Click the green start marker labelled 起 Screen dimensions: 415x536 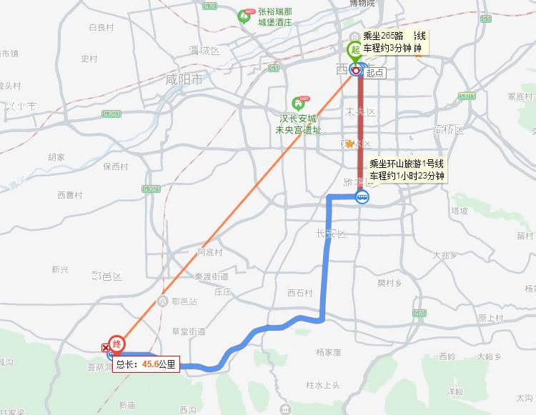tap(354, 50)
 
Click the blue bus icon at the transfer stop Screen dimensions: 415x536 tap(362, 198)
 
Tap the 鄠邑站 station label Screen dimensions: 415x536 tap(184, 301)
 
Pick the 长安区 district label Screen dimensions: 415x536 tap(330, 234)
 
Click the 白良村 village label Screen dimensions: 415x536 tap(101, 28)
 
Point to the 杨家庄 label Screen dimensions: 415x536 tap(328, 352)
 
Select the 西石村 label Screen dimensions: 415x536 tap(300, 293)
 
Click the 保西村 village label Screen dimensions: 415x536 tap(115, 166)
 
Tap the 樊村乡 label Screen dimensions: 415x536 tap(390, 283)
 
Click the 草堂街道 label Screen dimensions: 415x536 tap(189, 331)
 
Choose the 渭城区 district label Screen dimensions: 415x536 tap(204, 51)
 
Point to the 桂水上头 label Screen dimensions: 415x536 tap(322, 386)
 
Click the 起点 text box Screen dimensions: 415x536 tap(375, 72)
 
